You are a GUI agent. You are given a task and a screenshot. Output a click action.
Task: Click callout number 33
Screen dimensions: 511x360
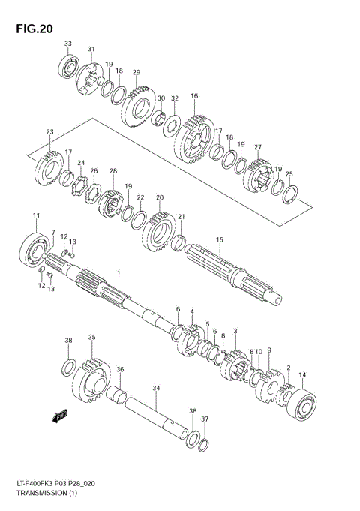pos(67,44)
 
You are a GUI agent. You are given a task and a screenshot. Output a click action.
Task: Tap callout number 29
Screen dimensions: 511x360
pos(136,73)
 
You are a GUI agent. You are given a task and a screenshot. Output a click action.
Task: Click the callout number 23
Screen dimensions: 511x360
pos(50,133)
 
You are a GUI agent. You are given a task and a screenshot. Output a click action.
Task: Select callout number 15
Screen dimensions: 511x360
pos(220,240)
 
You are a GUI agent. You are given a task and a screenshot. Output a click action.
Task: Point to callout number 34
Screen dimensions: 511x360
pos(156,388)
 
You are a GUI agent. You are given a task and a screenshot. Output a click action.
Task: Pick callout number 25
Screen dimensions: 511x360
pos(289,174)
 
